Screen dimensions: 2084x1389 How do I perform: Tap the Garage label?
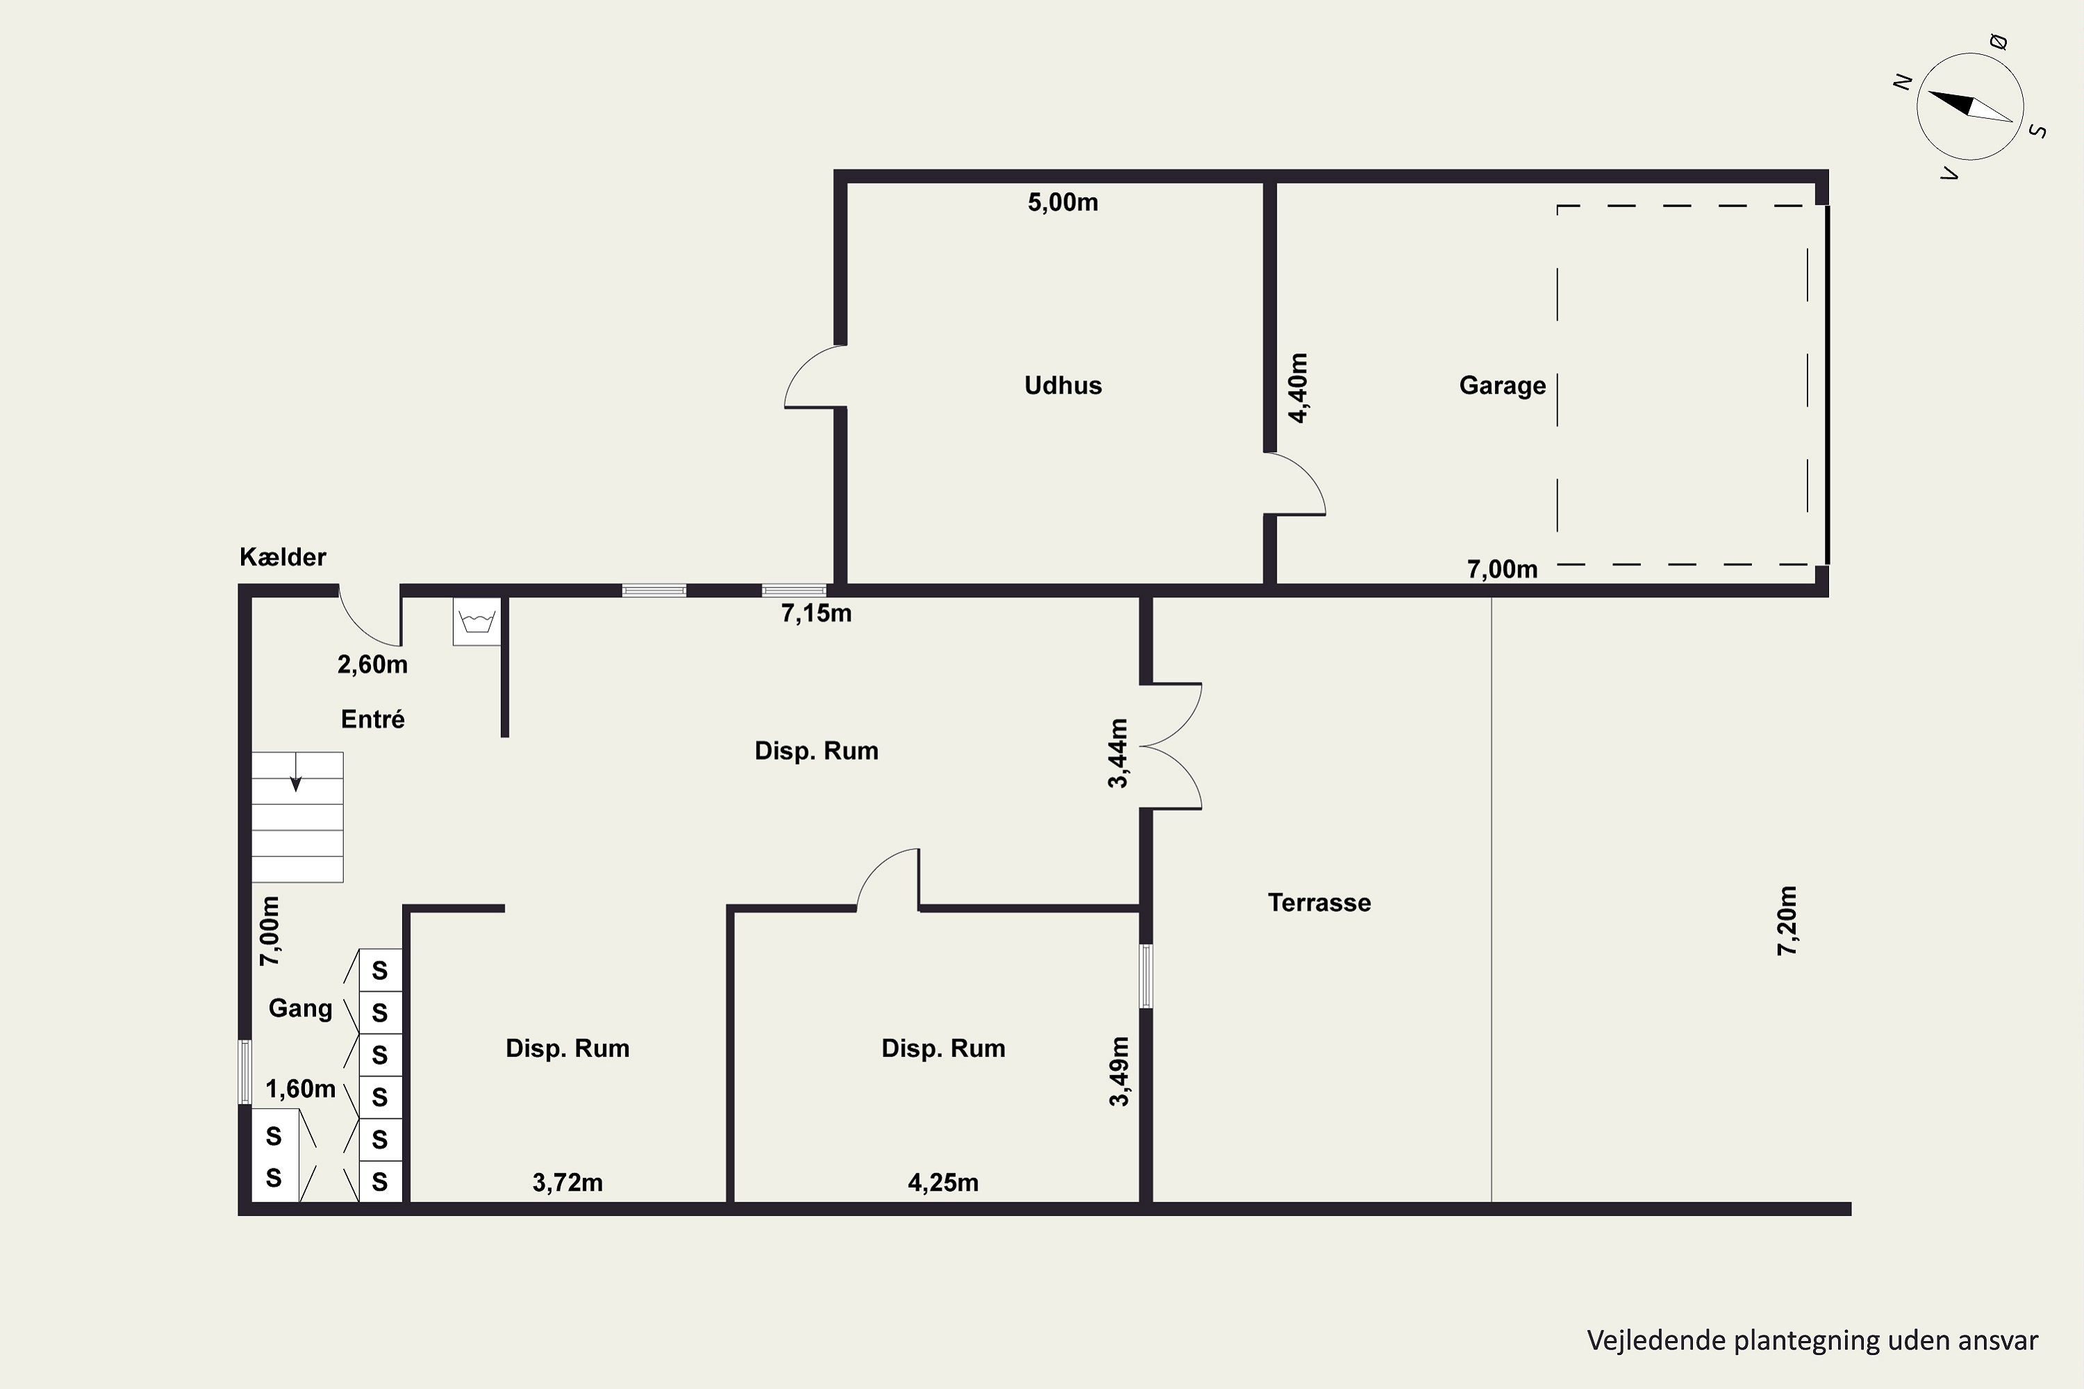(1502, 385)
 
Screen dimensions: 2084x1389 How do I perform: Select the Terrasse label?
(1318, 903)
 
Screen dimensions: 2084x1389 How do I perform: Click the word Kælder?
(283, 556)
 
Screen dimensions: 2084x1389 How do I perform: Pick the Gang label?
(300, 1008)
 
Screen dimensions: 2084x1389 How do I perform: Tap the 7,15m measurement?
(816, 613)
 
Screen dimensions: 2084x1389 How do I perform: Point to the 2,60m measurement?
(372, 665)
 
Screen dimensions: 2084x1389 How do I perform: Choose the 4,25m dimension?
(943, 1183)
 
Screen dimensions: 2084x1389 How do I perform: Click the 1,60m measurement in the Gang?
(300, 1089)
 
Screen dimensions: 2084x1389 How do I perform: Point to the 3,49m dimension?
(1119, 1072)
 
